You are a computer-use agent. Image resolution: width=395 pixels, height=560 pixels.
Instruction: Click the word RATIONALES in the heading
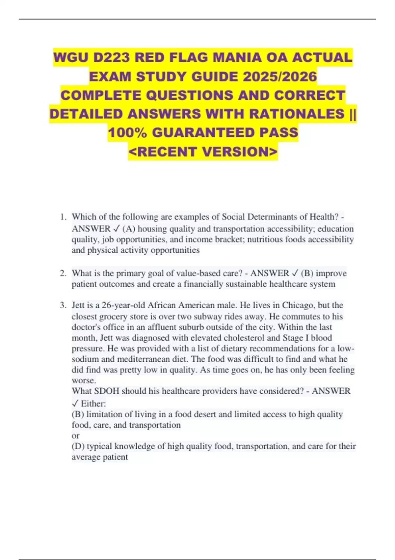(x=297, y=114)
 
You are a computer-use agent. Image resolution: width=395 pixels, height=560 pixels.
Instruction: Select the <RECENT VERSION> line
(x=203, y=152)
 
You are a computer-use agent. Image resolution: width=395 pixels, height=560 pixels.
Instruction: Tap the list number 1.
(x=64, y=217)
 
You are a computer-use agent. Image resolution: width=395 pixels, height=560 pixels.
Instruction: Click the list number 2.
(x=63, y=273)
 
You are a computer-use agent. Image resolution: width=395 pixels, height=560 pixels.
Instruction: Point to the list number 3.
(x=63, y=305)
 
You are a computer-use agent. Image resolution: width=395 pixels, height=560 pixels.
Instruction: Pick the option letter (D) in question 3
(x=78, y=446)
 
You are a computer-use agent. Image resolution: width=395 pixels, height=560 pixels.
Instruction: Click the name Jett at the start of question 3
(x=79, y=305)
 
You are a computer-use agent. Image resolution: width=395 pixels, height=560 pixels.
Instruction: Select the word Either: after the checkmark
(x=93, y=404)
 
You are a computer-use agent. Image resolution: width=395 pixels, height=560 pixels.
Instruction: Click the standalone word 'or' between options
(x=75, y=436)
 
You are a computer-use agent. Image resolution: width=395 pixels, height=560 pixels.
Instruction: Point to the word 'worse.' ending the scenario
(x=84, y=380)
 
